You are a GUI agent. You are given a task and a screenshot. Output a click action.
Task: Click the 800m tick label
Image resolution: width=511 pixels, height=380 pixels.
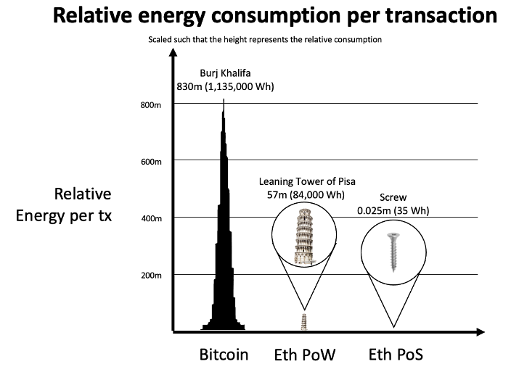[150, 105]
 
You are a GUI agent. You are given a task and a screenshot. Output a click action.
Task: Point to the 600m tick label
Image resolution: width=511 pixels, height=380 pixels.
[150, 161]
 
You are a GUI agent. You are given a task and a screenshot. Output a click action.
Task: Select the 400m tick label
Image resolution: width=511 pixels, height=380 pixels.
[150, 218]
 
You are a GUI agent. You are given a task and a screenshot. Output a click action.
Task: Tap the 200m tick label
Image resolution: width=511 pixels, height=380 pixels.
[150, 276]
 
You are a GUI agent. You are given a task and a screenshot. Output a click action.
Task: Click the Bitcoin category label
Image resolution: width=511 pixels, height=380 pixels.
[224, 355]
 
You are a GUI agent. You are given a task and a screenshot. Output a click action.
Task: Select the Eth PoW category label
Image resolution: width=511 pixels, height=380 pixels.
[305, 355]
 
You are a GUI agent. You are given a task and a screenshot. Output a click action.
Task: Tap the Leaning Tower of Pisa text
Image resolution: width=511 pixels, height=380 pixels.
[305, 181]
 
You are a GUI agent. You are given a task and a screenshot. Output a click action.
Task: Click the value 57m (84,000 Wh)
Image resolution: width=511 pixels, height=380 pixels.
[305, 194]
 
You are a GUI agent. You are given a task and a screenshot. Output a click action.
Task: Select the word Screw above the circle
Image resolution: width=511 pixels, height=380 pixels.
[393, 197]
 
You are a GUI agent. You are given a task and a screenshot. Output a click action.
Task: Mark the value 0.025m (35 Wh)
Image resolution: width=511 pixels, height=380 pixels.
[393, 210]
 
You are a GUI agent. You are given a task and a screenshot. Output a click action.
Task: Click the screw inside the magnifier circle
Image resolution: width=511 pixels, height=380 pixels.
[393, 250]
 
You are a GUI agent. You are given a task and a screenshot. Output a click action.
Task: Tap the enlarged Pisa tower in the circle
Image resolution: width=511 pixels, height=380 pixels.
[305, 234]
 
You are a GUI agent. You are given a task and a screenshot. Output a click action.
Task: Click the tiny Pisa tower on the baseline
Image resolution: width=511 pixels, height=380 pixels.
[305, 322]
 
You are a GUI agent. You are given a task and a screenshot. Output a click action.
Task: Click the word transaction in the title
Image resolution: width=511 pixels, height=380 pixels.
[428, 17]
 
